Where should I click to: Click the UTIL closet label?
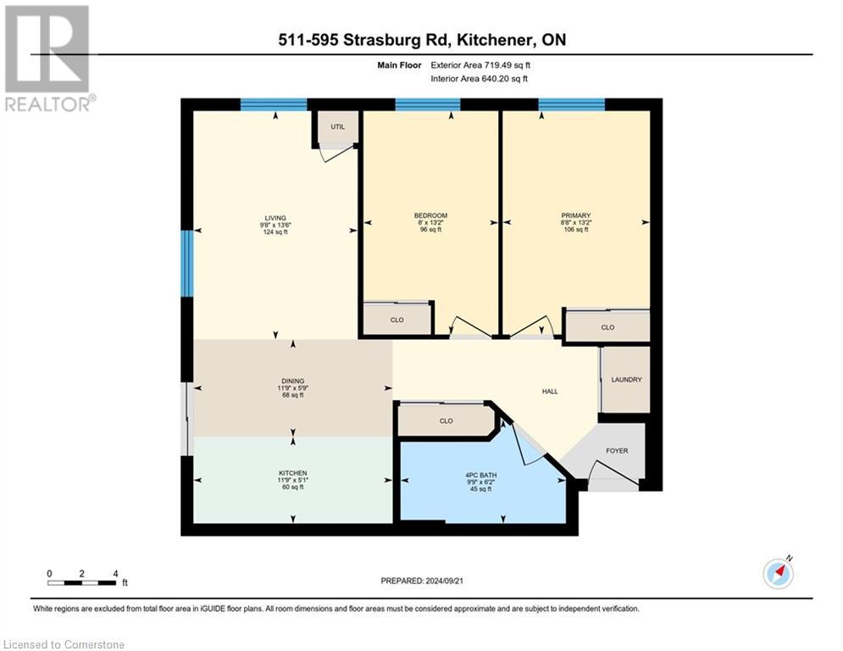[x=337, y=126]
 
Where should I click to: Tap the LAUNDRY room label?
[x=626, y=380]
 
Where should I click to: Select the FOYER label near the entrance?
[x=617, y=451]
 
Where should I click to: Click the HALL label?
[x=550, y=391]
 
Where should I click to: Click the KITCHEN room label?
[x=293, y=473]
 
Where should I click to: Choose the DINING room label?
[x=293, y=381]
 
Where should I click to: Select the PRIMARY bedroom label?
[x=575, y=215]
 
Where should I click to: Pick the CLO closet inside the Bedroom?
[x=397, y=320]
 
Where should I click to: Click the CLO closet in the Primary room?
[x=607, y=327]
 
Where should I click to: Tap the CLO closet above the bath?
[x=446, y=420]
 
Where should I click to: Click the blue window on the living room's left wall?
[x=186, y=264]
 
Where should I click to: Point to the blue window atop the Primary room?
[x=571, y=105]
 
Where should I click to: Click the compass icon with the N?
[x=778, y=574]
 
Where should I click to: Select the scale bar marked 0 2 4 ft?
[x=82, y=581]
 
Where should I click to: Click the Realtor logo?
[x=47, y=58]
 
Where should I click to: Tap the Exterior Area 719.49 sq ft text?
[x=480, y=64]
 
